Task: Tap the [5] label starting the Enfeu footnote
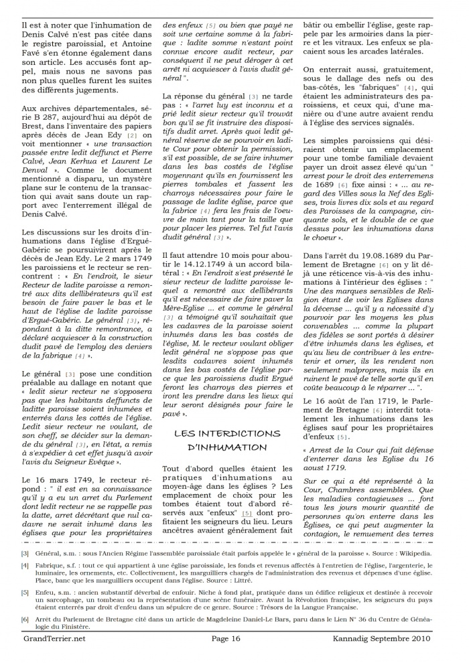point(25,612)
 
